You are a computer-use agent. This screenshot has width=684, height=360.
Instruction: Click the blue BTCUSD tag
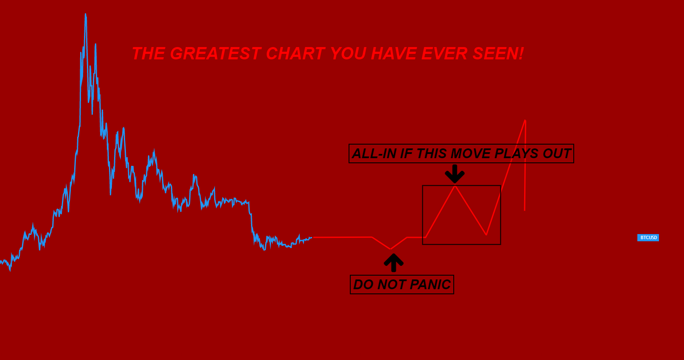648,237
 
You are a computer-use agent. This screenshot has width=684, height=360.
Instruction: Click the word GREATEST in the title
215,54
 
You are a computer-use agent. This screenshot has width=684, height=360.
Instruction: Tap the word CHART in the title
295,54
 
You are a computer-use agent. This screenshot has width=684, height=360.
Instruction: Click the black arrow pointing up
394,262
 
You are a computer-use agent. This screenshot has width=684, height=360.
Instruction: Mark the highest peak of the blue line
86,14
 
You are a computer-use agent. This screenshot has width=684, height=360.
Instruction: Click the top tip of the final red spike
525,120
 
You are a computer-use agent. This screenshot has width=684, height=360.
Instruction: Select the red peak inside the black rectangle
455,186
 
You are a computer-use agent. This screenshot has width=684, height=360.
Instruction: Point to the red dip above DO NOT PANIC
390,249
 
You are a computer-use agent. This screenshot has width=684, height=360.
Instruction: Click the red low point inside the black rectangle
486,234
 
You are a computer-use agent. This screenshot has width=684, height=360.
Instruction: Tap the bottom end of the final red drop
525,210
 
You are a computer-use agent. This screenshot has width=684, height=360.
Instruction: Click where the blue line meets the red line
313,237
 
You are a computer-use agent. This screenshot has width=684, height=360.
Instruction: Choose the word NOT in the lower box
391,285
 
